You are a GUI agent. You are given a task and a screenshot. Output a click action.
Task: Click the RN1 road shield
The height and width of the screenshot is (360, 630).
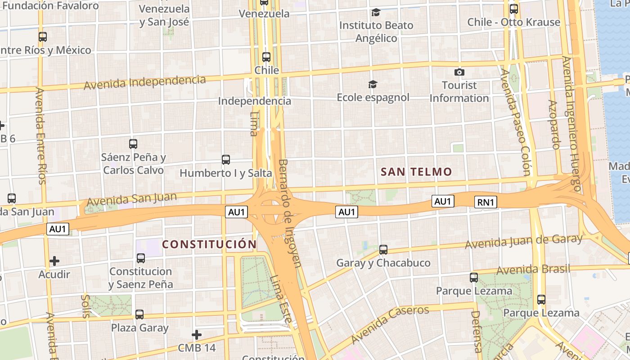pos(486,202)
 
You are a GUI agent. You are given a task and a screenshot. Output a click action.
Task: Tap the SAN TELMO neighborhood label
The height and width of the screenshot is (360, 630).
pos(416,171)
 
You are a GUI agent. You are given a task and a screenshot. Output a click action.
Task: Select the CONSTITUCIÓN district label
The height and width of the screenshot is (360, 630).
pos(209,244)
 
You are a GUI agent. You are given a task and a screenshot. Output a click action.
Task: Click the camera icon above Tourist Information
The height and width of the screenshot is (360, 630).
pos(459,72)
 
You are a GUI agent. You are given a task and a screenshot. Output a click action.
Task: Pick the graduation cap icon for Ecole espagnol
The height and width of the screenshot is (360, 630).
pos(373,84)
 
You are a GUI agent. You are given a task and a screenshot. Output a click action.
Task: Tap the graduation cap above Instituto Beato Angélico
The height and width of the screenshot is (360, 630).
pos(376,12)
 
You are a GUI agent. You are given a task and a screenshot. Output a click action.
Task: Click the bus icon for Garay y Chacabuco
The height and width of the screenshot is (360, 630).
pos(383,249)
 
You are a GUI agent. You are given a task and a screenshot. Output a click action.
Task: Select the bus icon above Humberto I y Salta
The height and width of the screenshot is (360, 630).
pos(226,159)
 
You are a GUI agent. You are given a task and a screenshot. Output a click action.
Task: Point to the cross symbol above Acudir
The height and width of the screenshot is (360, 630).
pos(54,261)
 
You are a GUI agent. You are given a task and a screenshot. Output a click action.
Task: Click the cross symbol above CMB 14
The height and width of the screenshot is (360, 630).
pos(197,335)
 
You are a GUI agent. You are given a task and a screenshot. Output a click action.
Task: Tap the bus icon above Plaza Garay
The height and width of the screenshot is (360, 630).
pos(139,314)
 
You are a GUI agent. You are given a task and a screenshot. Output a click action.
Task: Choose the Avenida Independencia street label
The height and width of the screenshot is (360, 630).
pos(145,82)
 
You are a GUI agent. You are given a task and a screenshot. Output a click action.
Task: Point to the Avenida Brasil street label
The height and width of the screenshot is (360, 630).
pos(533,270)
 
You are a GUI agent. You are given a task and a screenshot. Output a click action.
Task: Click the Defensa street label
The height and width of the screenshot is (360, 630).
pos(476,332)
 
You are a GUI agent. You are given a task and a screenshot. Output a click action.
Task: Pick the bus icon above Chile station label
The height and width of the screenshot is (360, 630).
pos(266,57)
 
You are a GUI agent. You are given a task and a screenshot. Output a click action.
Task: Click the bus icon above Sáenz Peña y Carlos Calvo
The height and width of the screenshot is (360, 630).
pos(133,144)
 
